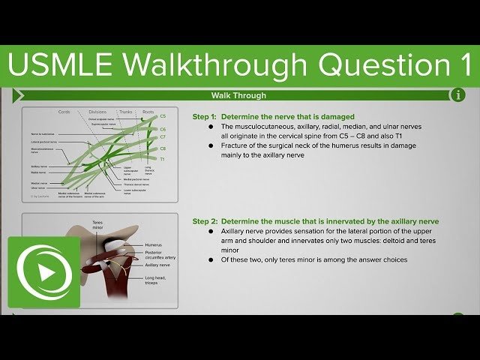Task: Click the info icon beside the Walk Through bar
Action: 457,95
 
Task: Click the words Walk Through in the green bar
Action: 239,95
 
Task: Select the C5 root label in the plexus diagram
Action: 163,117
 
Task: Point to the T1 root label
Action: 163,160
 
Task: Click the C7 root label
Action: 163,137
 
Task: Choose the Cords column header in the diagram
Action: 64,112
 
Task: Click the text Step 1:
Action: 204,117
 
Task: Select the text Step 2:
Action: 204,221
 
